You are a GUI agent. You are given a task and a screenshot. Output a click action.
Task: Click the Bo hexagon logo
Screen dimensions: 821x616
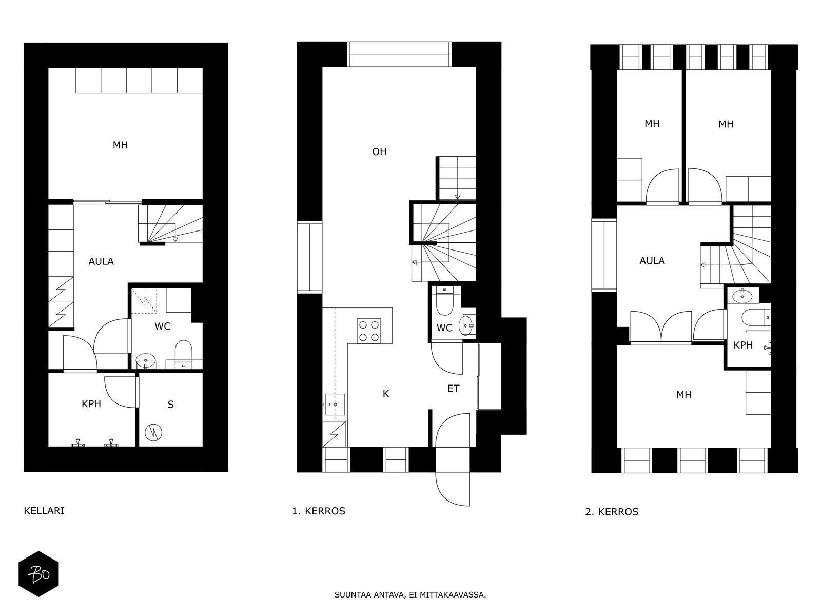[x=38, y=574]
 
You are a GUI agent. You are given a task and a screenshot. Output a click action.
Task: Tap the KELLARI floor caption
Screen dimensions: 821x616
[x=44, y=511]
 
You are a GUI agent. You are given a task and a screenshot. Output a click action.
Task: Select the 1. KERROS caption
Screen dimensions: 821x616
[x=319, y=511]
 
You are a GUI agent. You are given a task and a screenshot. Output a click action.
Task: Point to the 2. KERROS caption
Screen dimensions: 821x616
[x=612, y=512]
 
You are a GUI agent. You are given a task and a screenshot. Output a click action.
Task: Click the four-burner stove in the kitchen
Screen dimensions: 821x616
[x=369, y=331]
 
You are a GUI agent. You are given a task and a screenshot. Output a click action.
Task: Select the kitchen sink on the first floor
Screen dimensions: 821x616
[x=335, y=405]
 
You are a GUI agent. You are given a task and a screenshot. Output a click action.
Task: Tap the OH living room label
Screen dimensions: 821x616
[x=379, y=151]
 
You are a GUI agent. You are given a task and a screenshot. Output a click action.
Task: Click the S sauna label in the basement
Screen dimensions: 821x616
[x=170, y=405]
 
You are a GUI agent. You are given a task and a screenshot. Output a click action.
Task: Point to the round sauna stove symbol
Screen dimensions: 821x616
[x=154, y=433]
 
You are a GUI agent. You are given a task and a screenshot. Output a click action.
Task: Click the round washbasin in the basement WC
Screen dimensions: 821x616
[x=146, y=361]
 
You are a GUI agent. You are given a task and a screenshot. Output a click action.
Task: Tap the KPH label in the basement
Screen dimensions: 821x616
[x=91, y=404]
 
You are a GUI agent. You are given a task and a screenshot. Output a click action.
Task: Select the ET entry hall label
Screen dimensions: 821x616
[x=453, y=389]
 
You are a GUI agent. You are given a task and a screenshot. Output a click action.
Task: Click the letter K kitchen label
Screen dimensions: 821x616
[x=386, y=393]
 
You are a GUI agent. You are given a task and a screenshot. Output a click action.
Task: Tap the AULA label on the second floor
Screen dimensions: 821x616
[x=652, y=261]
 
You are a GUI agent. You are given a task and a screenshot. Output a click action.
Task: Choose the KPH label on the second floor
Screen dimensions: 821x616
[x=743, y=345]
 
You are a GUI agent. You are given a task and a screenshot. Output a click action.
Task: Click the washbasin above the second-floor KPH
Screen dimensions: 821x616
[x=742, y=296]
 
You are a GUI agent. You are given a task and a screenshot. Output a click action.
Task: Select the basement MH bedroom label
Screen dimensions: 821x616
[x=121, y=145]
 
